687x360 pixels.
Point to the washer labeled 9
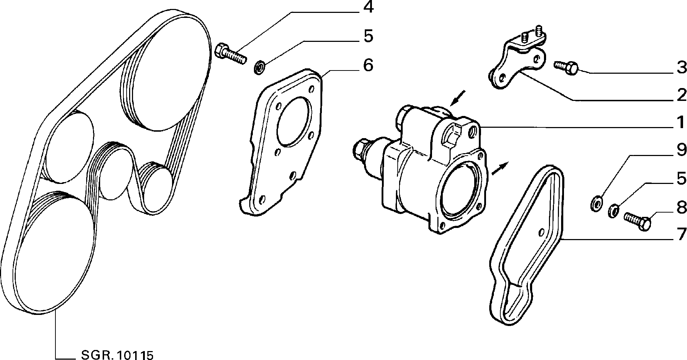coord(595,203)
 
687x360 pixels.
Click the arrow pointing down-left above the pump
coord(458,98)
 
